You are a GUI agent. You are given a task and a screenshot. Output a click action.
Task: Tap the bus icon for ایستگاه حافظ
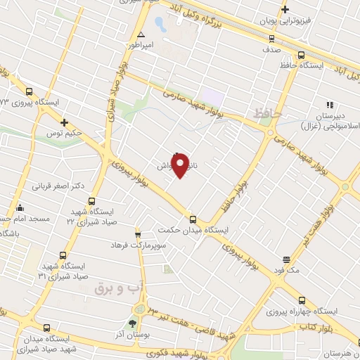301,55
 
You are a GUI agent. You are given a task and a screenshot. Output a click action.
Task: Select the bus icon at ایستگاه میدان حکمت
193,219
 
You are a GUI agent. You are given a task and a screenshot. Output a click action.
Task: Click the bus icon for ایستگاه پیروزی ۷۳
29,91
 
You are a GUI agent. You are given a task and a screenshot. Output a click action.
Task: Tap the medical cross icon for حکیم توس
64,122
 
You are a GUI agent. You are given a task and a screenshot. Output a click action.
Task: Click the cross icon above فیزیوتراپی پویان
285,9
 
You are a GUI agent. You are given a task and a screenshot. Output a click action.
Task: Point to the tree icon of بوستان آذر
131,324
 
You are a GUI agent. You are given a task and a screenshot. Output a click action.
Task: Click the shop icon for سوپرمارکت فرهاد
139,233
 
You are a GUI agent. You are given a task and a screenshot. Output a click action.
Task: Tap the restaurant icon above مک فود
286,259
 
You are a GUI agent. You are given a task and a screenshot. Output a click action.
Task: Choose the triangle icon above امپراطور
141,34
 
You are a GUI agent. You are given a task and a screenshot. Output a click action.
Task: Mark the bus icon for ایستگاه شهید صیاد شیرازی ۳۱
63,255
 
